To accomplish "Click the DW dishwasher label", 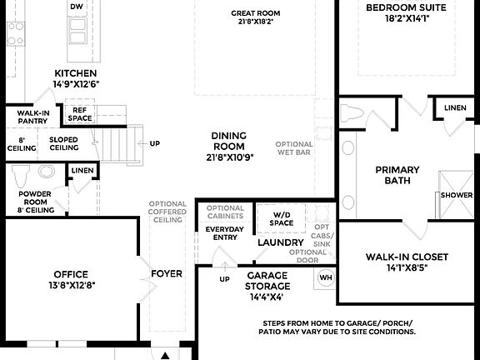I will tap(77, 7).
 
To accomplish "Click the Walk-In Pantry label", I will tap(32, 117).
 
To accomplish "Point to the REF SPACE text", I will tap(81, 114).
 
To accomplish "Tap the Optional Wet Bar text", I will tap(294, 148).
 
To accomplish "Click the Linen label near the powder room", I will tap(82, 171).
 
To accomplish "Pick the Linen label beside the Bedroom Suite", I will tap(455, 108).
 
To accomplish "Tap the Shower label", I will tap(457, 195).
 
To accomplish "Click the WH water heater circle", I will tap(326, 277).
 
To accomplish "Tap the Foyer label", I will tap(167, 273).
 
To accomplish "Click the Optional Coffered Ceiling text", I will tap(168, 212).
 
